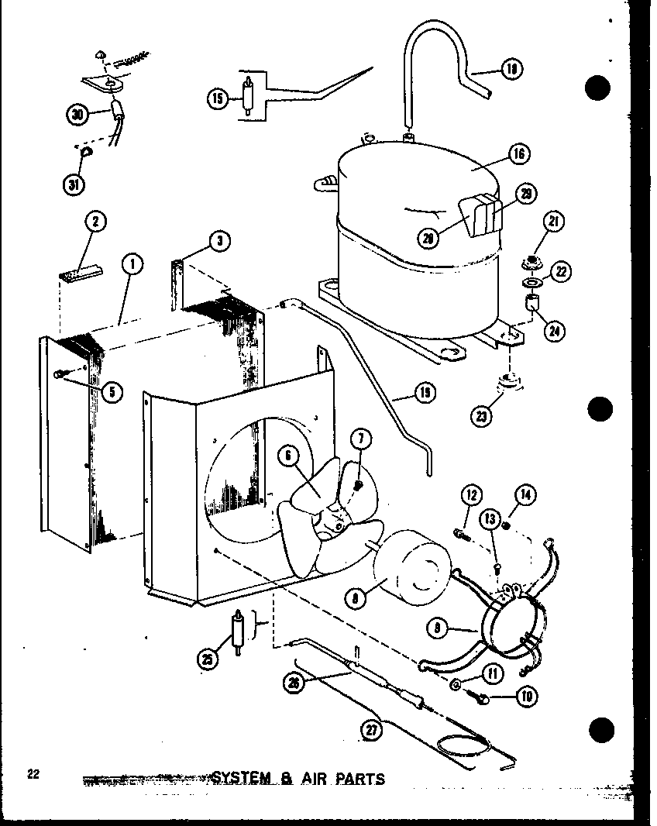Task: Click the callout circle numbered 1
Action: [132, 265]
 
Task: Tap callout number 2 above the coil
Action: [95, 223]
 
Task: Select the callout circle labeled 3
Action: [220, 242]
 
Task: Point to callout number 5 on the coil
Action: [112, 391]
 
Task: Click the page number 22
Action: [32, 774]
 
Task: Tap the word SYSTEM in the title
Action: [239, 777]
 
